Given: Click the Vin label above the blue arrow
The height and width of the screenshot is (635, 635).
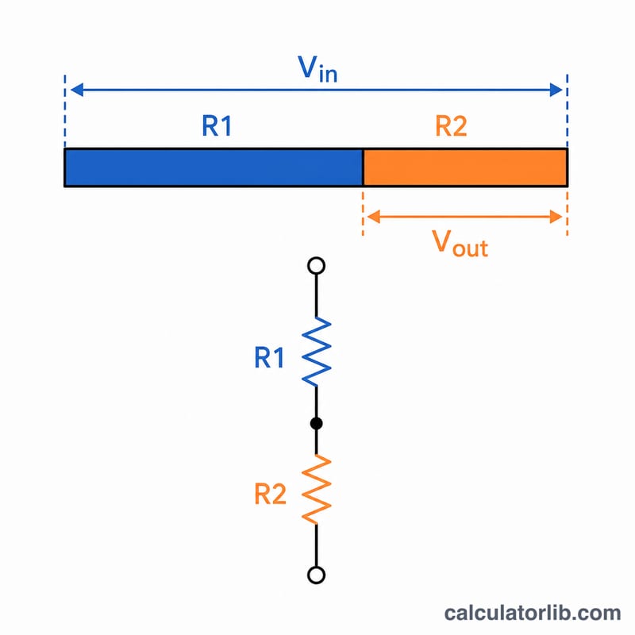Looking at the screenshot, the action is (x=317, y=69).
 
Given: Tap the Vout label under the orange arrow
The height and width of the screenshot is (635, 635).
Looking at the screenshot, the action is (x=460, y=244).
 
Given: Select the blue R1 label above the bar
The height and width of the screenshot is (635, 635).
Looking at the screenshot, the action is (x=217, y=126).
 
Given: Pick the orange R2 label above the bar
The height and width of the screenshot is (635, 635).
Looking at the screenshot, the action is (x=451, y=126).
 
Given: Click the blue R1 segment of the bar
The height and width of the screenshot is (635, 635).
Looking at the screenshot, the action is (x=214, y=167).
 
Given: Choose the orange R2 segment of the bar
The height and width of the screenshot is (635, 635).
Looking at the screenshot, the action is (x=465, y=167).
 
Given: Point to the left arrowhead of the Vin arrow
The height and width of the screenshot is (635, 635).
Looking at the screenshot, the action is (x=77, y=90).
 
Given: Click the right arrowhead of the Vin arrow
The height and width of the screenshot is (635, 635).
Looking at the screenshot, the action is (x=556, y=90).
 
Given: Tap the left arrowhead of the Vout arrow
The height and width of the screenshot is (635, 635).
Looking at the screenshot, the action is (x=373, y=217).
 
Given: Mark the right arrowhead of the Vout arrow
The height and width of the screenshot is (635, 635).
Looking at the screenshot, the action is (x=556, y=217).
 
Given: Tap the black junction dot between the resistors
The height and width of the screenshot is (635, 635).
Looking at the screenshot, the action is (x=316, y=424).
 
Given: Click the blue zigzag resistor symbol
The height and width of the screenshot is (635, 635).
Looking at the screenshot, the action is (x=316, y=352).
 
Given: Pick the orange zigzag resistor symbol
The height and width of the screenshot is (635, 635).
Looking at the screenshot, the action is (x=316, y=490).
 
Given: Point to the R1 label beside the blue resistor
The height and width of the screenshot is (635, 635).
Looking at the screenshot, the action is (x=269, y=358).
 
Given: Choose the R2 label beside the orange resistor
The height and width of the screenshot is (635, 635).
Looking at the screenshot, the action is (x=270, y=494).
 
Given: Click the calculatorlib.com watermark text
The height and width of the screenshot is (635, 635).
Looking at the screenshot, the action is (x=533, y=613).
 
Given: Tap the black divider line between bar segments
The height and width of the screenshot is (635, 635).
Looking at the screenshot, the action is (x=363, y=167).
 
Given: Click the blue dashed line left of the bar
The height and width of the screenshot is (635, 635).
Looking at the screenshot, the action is (x=65, y=111).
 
